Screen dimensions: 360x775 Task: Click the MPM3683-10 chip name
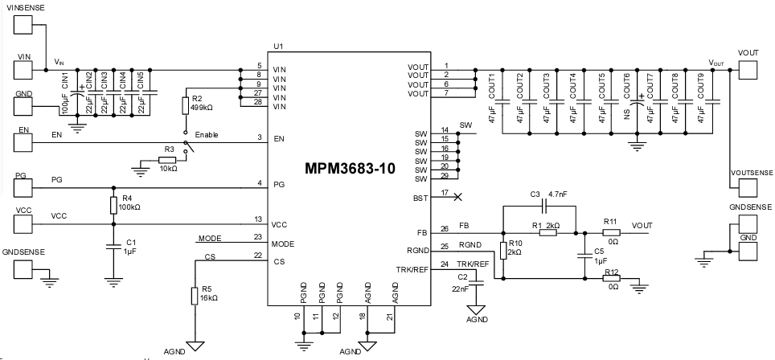(x=350, y=170)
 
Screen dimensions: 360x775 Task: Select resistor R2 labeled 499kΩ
(x=186, y=105)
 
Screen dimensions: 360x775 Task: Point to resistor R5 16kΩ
(x=193, y=296)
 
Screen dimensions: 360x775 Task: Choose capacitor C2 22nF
(x=476, y=282)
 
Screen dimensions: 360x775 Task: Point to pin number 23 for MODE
(x=257, y=237)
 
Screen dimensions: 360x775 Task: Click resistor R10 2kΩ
(x=502, y=251)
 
